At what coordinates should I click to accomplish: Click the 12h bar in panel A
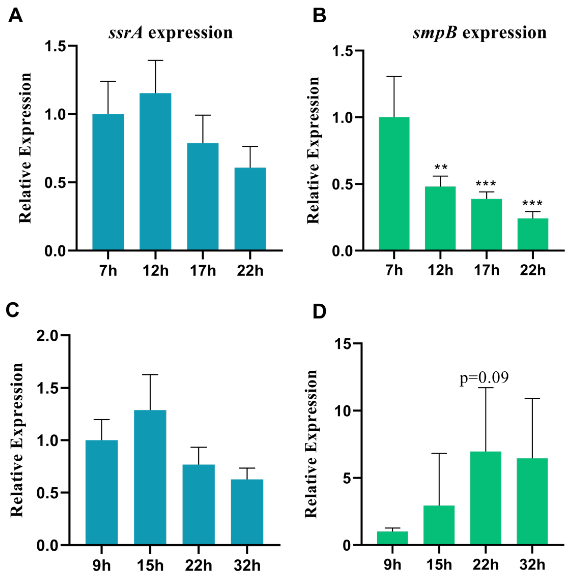point(155,172)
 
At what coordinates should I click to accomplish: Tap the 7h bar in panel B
point(394,184)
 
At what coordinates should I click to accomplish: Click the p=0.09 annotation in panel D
point(484,378)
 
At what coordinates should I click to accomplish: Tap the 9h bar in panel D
point(392,538)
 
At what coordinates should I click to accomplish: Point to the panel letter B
point(319,16)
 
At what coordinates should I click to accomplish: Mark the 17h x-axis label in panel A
point(203,271)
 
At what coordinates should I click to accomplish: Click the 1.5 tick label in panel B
point(343,51)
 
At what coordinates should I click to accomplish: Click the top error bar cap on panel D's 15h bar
point(439,453)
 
